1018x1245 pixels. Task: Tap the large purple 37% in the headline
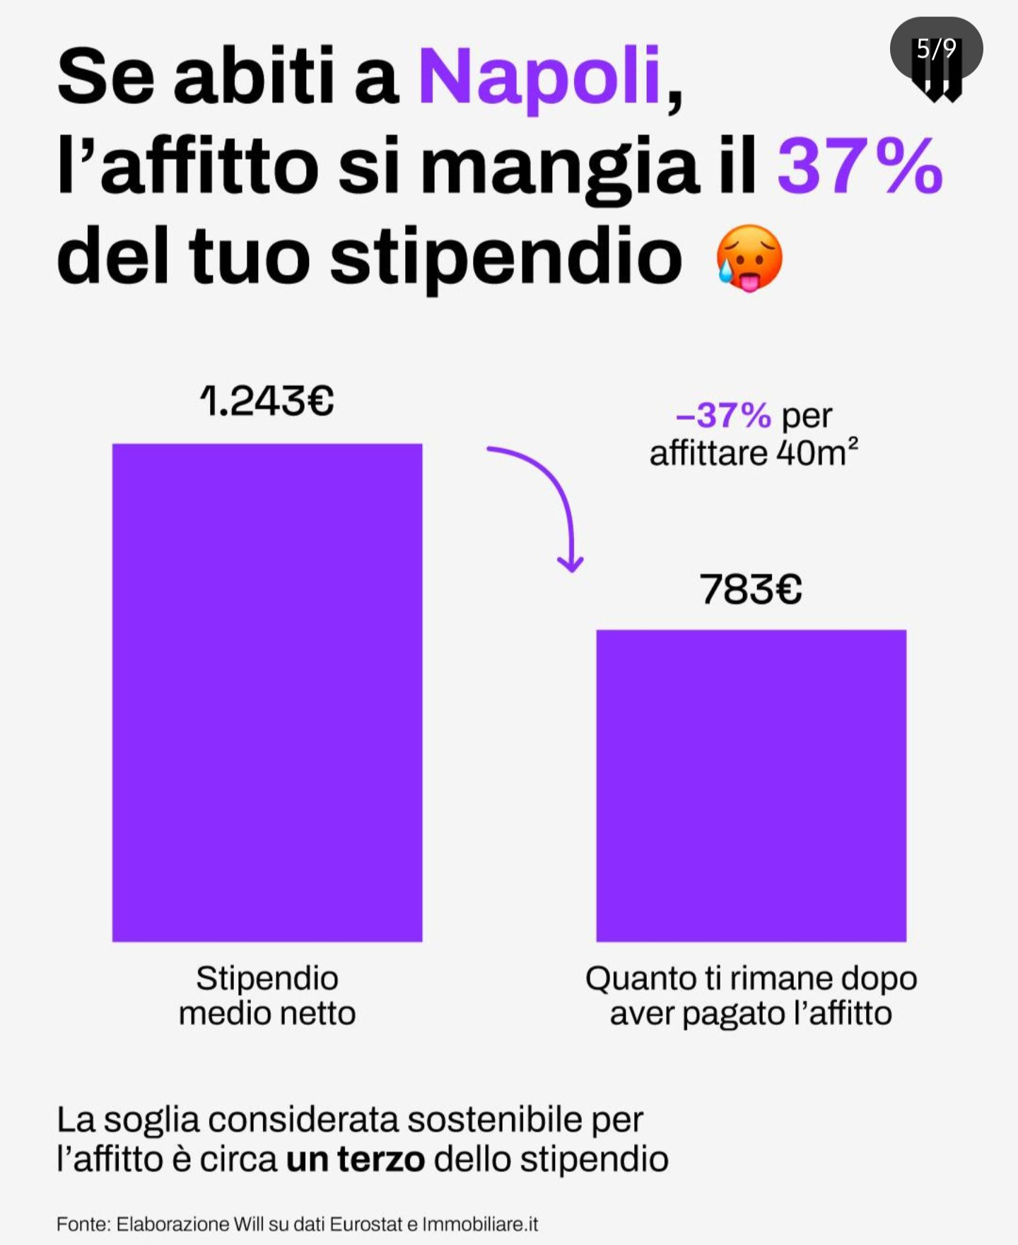coord(860,167)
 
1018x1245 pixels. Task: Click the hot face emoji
coord(749,259)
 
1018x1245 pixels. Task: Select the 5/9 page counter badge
coord(936,49)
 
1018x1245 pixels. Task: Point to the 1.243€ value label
coord(267,402)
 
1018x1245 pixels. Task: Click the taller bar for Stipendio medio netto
coord(267,693)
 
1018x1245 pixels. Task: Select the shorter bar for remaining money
coord(751,785)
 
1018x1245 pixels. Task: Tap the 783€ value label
coord(751,589)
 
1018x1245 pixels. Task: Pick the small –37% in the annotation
coord(723,416)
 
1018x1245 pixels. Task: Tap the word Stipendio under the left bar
coord(267,979)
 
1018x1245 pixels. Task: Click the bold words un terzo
coord(356,1159)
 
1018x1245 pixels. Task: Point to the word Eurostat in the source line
coord(366,1224)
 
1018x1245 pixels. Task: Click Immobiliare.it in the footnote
coord(480,1224)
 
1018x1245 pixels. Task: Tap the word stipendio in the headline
coord(505,259)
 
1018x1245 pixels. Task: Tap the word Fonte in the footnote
coord(82,1224)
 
